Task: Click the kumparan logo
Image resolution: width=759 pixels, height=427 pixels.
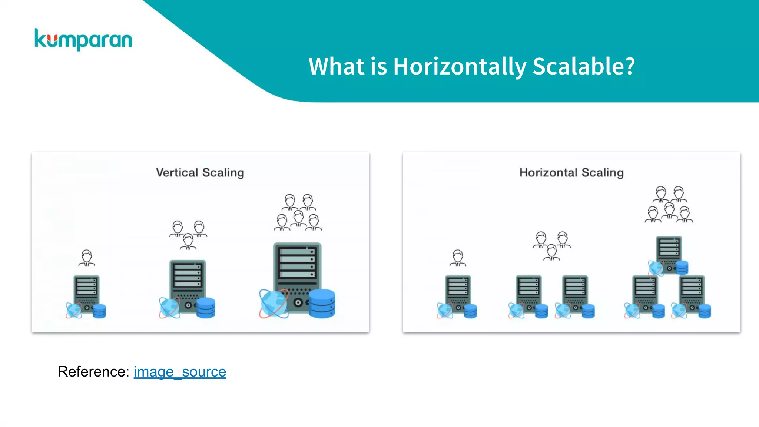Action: tap(83, 40)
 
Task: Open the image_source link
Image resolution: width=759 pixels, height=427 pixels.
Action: tap(180, 371)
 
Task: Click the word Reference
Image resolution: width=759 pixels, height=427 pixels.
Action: tap(93, 371)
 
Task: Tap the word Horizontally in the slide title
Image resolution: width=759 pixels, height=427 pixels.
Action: tap(459, 67)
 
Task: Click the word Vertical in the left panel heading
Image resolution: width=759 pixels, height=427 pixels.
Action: tap(177, 173)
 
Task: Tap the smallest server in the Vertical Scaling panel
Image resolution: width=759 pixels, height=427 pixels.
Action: tap(86, 293)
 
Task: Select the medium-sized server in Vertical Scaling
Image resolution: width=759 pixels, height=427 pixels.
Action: tap(188, 284)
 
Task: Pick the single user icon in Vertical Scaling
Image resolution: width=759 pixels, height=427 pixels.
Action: tap(87, 258)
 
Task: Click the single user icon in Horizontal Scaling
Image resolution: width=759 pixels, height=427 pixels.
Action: tap(458, 258)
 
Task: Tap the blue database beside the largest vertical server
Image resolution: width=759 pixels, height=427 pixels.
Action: tap(322, 304)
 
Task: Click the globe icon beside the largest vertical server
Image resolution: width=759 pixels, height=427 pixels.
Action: tap(274, 304)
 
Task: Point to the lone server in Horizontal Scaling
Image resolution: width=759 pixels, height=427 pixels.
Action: tap(458, 293)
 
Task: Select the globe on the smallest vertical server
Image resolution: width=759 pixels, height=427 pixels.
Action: tap(74, 311)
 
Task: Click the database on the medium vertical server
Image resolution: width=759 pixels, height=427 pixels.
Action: tap(206, 308)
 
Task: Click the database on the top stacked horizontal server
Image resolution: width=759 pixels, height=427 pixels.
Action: tap(682, 267)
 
